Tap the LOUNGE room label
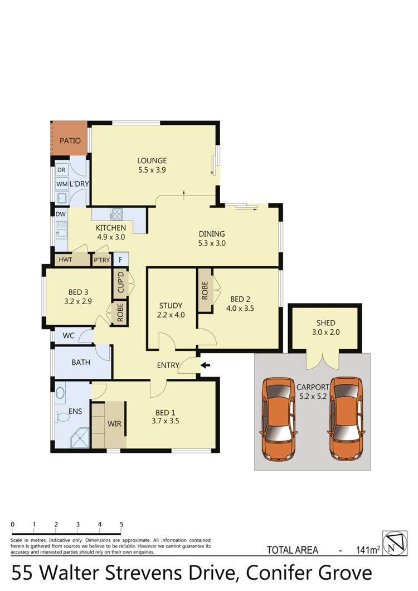[x=152, y=161]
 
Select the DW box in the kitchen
[x=60, y=213]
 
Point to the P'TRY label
[x=101, y=260]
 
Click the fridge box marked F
[x=120, y=260]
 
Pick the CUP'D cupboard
[x=120, y=282]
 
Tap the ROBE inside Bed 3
[x=119, y=313]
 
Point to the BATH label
[x=81, y=362]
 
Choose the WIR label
[x=114, y=423]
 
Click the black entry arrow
[x=205, y=365]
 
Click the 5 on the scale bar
[x=121, y=524]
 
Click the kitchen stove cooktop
[x=117, y=213]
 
